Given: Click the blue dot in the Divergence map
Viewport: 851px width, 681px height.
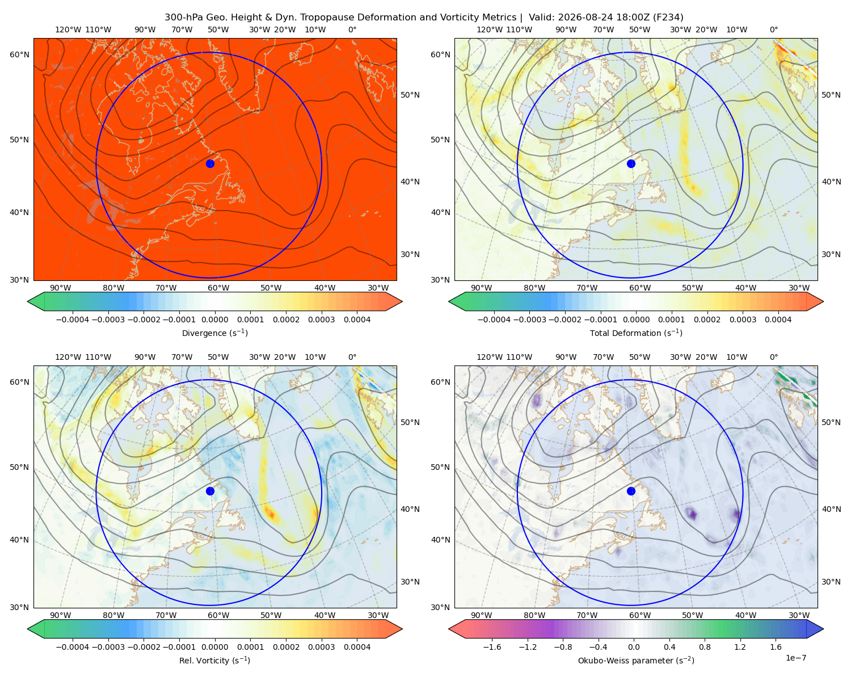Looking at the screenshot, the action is [x=210, y=163].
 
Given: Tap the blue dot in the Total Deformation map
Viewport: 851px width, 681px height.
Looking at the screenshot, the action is [x=631, y=163].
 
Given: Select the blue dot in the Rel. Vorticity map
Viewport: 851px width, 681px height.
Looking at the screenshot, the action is [x=210, y=491].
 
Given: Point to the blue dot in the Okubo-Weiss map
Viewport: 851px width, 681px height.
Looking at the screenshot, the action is [x=631, y=491].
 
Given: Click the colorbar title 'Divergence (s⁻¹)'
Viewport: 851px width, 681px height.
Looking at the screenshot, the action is [x=214, y=333].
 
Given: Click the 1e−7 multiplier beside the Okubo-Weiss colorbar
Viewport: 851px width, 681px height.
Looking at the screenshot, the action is [x=795, y=658].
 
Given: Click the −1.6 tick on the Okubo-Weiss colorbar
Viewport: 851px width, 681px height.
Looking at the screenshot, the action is [x=492, y=646].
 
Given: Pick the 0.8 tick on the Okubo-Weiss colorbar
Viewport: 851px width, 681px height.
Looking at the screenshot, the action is [x=705, y=646].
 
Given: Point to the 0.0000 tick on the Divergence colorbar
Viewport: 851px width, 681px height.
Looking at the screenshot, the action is [x=214, y=320].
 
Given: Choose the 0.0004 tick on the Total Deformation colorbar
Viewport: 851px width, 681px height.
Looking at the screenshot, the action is [x=778, y=320].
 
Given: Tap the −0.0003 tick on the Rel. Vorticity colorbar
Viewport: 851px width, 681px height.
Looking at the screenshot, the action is [x=108, y=646].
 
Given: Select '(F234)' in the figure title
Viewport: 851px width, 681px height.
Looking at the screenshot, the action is [x=669, y=18].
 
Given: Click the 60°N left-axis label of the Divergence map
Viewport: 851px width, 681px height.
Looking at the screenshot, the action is [x=19, y=54].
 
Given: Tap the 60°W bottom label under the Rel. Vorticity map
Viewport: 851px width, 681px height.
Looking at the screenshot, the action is [x=218, y=615].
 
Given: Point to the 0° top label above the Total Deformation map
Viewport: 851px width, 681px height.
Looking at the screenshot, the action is [x=774, y=30].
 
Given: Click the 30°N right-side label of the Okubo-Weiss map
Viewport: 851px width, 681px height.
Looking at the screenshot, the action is [x=831, y=581].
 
